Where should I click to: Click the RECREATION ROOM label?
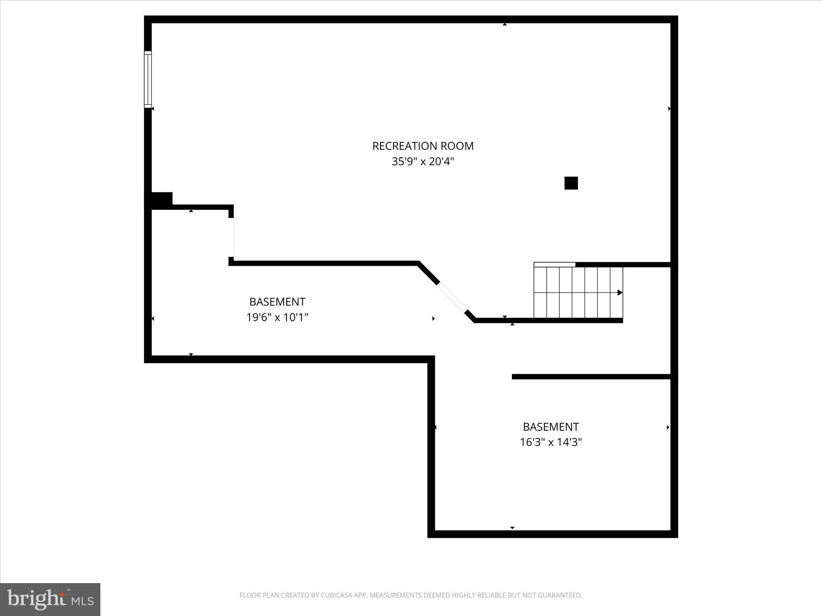423,146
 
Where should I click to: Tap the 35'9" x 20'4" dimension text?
423,162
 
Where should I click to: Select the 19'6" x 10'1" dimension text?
277,318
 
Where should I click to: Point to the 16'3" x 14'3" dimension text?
551,442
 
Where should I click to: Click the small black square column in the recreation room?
571,183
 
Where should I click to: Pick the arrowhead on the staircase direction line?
620,293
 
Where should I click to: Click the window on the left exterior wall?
148,79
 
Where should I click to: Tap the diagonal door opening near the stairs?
452,297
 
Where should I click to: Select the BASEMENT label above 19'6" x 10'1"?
277,302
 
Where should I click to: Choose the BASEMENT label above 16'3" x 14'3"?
551,427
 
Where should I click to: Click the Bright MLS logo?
50,600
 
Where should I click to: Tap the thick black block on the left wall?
159,200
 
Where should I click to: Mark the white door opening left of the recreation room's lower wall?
231,237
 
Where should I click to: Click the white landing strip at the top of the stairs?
554,264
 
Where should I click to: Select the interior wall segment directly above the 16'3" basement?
591,377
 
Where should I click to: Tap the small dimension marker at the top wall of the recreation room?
505,24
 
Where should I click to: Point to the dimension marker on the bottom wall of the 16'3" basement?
512,528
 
